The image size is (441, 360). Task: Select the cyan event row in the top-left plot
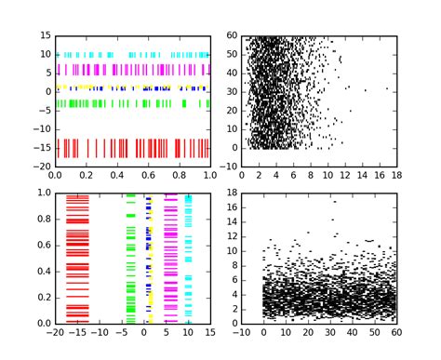(130, 55)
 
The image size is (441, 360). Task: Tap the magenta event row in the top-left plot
(130, 69)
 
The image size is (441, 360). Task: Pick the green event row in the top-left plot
(130, 104)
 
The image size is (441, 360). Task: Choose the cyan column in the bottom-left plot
(189, 260)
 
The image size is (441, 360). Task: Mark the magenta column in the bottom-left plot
(171, 260)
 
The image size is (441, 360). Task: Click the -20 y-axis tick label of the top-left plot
(43, 167)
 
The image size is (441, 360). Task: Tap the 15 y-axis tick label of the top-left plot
(45, 35)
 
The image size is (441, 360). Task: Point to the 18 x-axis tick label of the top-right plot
(395, 176)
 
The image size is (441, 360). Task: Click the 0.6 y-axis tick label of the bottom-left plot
(43, 245)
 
